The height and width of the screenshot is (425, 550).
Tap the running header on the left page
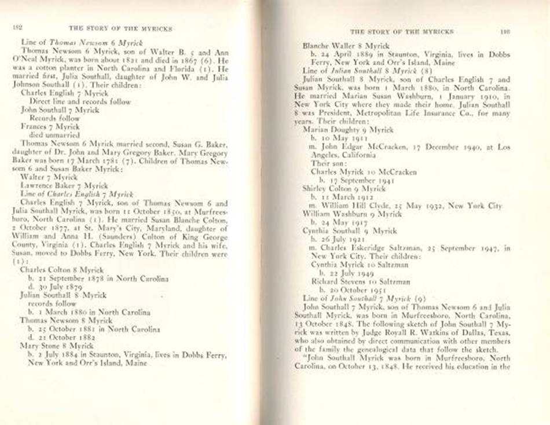pyautogui.click(x=120, y=27)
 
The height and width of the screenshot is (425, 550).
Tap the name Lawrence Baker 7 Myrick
pyautogui.click(x=64, y=185)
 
